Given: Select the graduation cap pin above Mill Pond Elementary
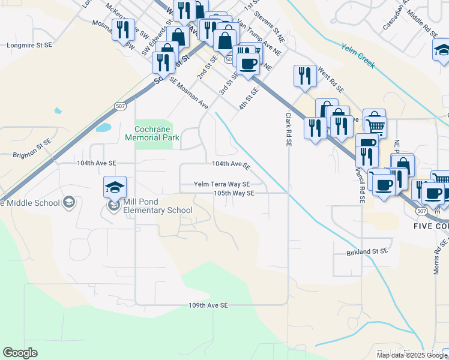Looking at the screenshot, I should point(115,188).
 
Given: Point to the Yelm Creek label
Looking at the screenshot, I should point(357,55).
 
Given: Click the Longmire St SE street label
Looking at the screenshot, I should point(29,45).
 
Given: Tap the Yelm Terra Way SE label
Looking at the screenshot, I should point(221,184).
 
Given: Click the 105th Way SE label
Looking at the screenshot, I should point(235,193).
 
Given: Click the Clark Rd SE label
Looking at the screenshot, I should point(289,130).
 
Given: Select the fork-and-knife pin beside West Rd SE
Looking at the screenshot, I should point(305,76).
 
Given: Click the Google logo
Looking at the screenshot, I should point(20,353).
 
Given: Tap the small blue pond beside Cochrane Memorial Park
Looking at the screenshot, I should point(103,128).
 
